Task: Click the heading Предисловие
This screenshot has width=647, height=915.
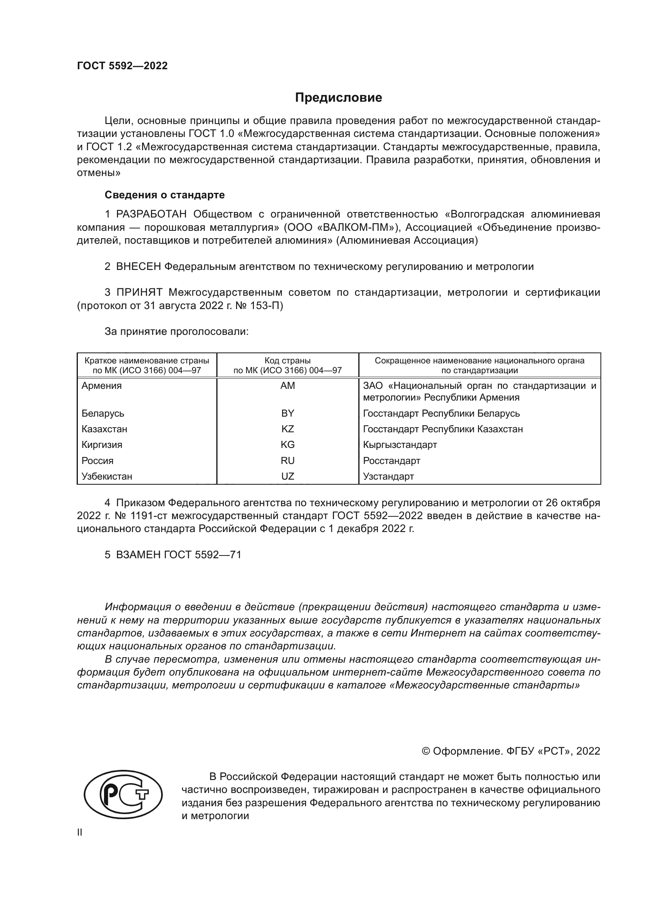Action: click(x=338, y=98)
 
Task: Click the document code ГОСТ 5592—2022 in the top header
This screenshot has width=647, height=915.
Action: click(x=122, y=66)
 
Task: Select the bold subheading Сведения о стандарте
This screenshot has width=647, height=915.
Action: click(x=165, y=195)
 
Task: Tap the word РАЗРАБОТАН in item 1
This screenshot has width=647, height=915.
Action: click(x=151, y=214)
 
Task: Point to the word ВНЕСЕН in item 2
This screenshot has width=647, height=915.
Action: click(x=138, y=267)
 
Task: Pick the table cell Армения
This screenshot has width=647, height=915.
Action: click(x=102, y=386)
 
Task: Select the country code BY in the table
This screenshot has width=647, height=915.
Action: click(x=288, y=413)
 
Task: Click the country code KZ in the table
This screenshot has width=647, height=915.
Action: click(x=288, y=429)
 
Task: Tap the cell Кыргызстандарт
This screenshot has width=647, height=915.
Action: click(x=400, y=445)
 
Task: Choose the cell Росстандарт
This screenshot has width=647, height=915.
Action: click(x=392, y=461)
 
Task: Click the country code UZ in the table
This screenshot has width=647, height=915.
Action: click(x=288, y=476)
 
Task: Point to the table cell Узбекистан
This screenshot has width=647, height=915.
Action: click(x=107, y=476)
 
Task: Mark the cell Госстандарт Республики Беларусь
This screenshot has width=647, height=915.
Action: click(x=441, y=413)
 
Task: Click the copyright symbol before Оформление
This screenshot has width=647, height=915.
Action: click(x=426, y=751)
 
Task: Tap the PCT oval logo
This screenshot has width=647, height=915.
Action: click(x=123, y=796)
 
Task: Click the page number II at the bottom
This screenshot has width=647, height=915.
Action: click(x=80, y=832)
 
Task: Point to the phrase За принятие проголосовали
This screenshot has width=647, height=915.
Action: click(x=176, y=332)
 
